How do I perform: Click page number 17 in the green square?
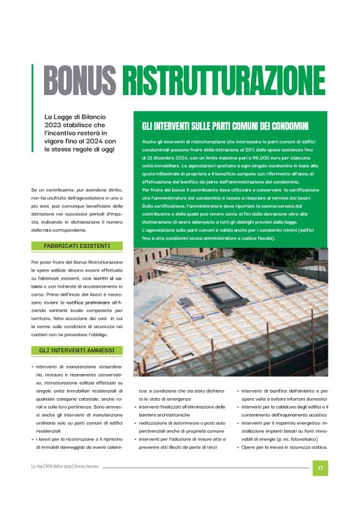320,468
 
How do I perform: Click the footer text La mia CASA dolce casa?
52,466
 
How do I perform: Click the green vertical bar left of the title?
32,81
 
